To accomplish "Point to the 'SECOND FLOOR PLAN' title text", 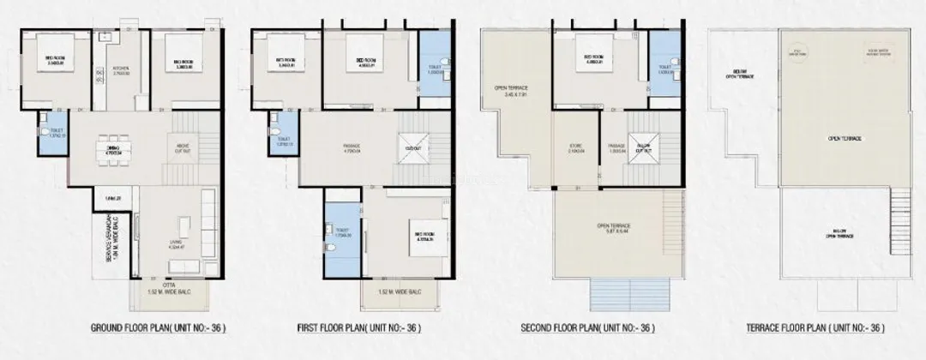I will [588, 327].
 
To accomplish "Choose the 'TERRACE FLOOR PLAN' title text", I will [810, 327].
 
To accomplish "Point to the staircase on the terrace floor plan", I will [899, 214].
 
